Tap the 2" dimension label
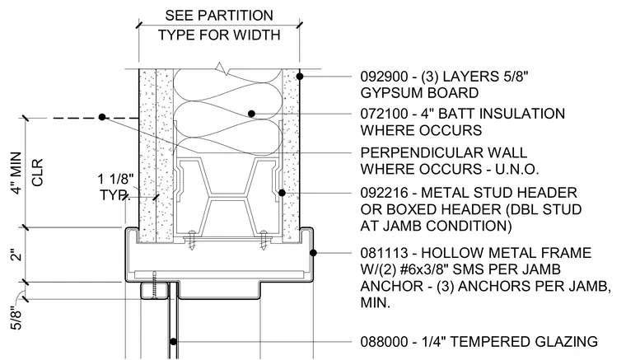16,255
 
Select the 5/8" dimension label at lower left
16,318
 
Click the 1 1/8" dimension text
115,180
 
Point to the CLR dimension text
37,172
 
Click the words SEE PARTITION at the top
219,16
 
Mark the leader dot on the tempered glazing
173,342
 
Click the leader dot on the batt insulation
251,114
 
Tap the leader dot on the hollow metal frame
313,253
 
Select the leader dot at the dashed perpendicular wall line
102,117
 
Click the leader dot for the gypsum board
300,76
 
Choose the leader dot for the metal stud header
282,193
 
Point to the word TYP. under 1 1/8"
114,195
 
